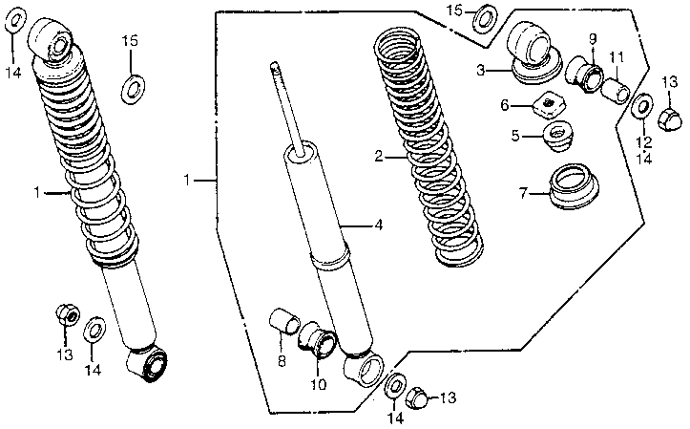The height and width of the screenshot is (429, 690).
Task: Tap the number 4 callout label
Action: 379,225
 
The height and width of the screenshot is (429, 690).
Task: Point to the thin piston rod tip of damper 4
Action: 276,69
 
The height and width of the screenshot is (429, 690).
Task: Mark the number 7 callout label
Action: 522,194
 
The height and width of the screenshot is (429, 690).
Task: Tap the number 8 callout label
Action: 282,361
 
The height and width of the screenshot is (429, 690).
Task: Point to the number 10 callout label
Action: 318,386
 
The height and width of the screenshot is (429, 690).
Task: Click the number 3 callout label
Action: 482,70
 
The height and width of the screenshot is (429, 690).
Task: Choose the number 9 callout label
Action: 592,39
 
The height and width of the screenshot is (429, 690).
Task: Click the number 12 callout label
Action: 644,142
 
